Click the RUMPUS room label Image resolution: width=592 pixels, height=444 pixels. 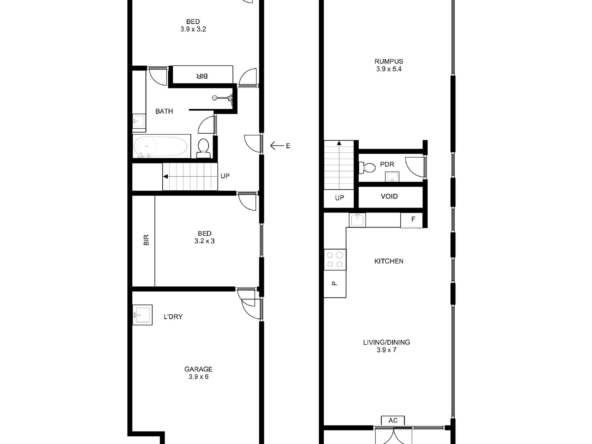click(389, 61)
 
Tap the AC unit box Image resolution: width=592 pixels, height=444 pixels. click(393, 420)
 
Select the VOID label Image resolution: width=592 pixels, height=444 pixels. click(389, 196)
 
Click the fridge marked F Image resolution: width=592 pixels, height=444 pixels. click(412, 220)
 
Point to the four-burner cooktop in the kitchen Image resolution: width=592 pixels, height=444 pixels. click(335, 260)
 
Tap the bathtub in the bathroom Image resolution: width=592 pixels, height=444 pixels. click(161, 146)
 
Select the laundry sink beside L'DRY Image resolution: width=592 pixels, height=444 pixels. click(142, 315)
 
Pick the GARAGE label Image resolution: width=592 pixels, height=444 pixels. click(198, 369)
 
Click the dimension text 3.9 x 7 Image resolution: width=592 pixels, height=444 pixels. click(386, 350)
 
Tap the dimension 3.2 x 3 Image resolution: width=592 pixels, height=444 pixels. click(204, 241)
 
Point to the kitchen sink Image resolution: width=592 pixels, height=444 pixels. click(357, 220)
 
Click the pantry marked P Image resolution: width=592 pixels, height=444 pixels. click(335, 284)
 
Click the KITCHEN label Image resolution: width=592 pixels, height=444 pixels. click(389, 261)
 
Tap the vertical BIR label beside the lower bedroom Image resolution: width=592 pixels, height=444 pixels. click(146, 240)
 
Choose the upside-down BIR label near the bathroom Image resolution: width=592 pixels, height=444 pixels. click(202, 76)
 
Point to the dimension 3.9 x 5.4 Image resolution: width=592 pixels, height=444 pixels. click(389, 69)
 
